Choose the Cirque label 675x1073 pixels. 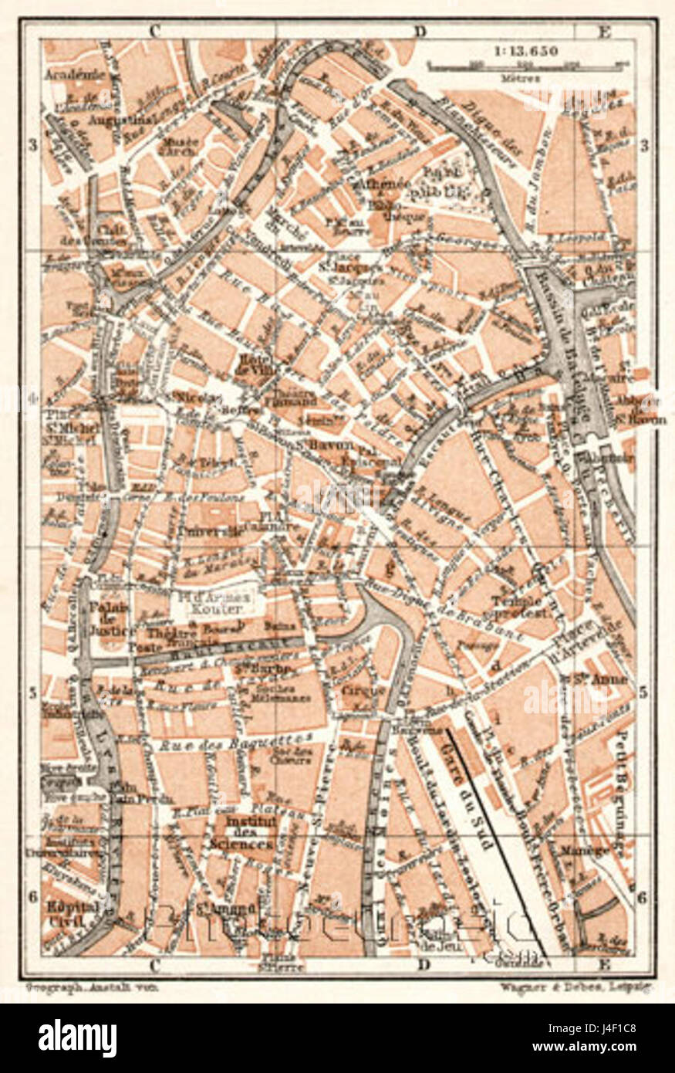pos(363,690)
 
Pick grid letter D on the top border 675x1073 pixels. pos(420,32)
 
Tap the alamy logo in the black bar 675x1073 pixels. pos(77,1038)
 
